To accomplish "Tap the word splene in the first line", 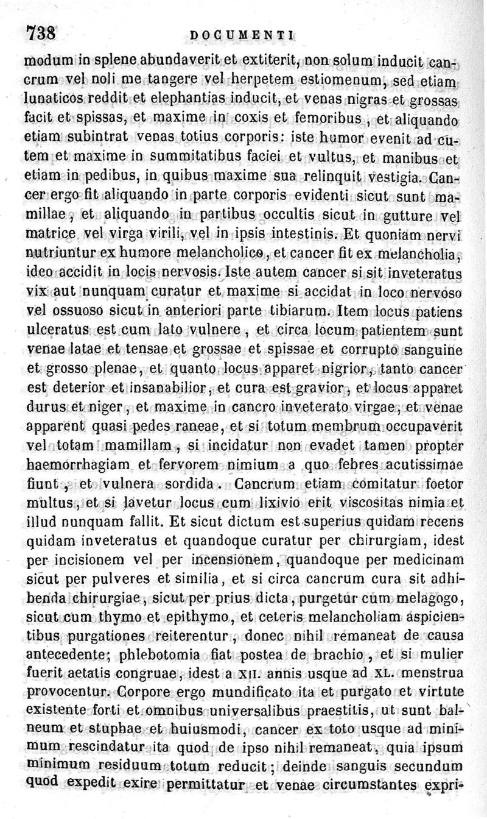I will (x=112, y=62).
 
